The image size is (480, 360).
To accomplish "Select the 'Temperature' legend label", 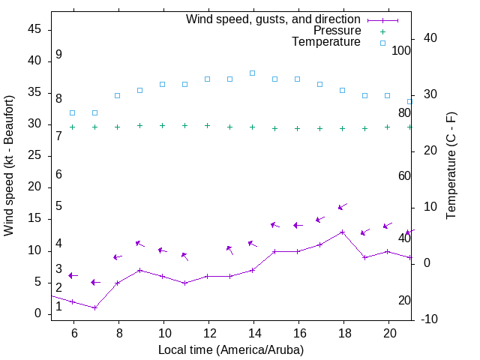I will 326,42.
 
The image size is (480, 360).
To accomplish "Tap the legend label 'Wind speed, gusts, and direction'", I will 274,19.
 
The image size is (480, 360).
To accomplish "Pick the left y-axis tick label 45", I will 34,30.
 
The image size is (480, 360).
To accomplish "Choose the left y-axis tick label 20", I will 34,187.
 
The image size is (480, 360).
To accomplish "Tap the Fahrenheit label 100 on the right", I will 401,50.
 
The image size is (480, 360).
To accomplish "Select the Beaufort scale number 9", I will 58,55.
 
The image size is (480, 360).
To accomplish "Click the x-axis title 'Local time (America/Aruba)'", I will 231,349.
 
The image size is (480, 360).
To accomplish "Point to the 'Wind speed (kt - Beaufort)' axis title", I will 9,165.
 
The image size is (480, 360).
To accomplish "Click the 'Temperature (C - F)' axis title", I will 451,165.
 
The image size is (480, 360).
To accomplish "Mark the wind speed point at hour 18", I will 343,232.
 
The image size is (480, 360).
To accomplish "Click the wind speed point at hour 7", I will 95,307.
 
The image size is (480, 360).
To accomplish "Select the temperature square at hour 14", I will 253,73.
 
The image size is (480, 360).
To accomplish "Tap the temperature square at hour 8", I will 118,95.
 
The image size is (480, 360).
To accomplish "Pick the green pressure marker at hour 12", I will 208,126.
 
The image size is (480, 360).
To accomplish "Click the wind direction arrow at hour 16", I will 298,225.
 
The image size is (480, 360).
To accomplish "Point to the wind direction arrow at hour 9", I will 139,244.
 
